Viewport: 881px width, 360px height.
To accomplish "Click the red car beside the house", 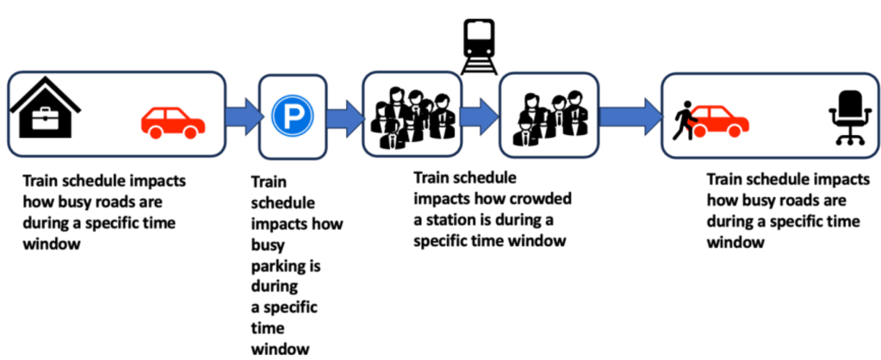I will pos(172,122).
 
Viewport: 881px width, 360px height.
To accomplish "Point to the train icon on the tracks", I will pos(479,44).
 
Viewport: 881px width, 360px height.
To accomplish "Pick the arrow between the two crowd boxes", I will pos(479,113).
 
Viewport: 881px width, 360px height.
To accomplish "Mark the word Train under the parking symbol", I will pos(270,183).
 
